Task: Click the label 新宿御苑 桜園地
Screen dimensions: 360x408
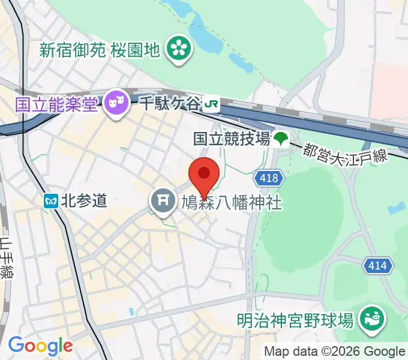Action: [x=100, y=50]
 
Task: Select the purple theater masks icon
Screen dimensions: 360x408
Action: [x=114, y=104]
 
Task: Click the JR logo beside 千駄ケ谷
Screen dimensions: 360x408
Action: [x=210, y=105]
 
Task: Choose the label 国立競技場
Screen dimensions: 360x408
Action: [x=231, y=139]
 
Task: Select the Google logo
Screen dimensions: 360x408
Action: [x=40, y=346]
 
